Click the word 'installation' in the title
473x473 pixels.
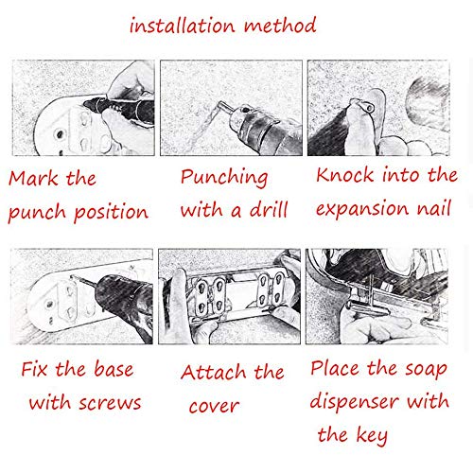click(x=183, y=26)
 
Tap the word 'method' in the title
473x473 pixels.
click(x=280, y=25)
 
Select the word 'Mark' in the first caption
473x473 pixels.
click(x=33, y=178)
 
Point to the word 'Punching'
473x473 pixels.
click(x=224, y=178)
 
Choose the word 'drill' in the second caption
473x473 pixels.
click(x=269, y=209)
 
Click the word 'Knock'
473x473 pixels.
click(x=345, y=175)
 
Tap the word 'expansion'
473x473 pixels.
click(x=362, y=210)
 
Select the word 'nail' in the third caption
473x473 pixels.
click(x=434, y=208)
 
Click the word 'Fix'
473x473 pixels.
click(x=35, y=369)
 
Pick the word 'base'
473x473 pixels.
click(x=114, y=368)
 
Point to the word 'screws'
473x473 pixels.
click(x=110, y=403)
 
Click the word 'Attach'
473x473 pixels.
click(x=213, y=372)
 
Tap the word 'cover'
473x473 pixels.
click(x=214, y=406)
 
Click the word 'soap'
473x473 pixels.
click(x=427, y=370)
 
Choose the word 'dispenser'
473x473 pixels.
click(x=355, y=402)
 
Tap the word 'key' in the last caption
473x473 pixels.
click(x=373, y=436)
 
